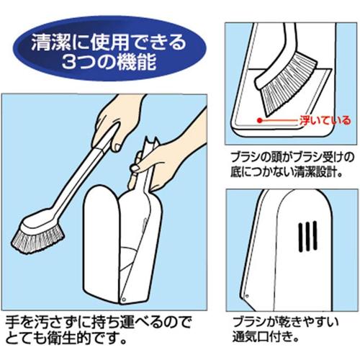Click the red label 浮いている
[x=325, y=120]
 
